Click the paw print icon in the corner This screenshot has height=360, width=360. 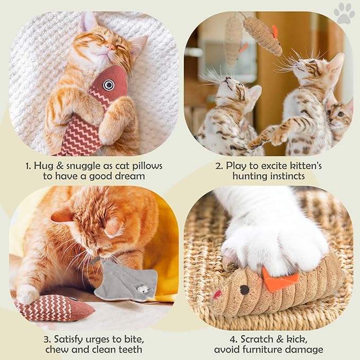[x=345, y=13]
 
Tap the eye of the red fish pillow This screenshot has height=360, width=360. [x=109, y=84]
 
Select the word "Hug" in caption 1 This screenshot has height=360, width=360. [x=45, y=166]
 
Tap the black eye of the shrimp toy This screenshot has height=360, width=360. [x=244, y=289]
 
